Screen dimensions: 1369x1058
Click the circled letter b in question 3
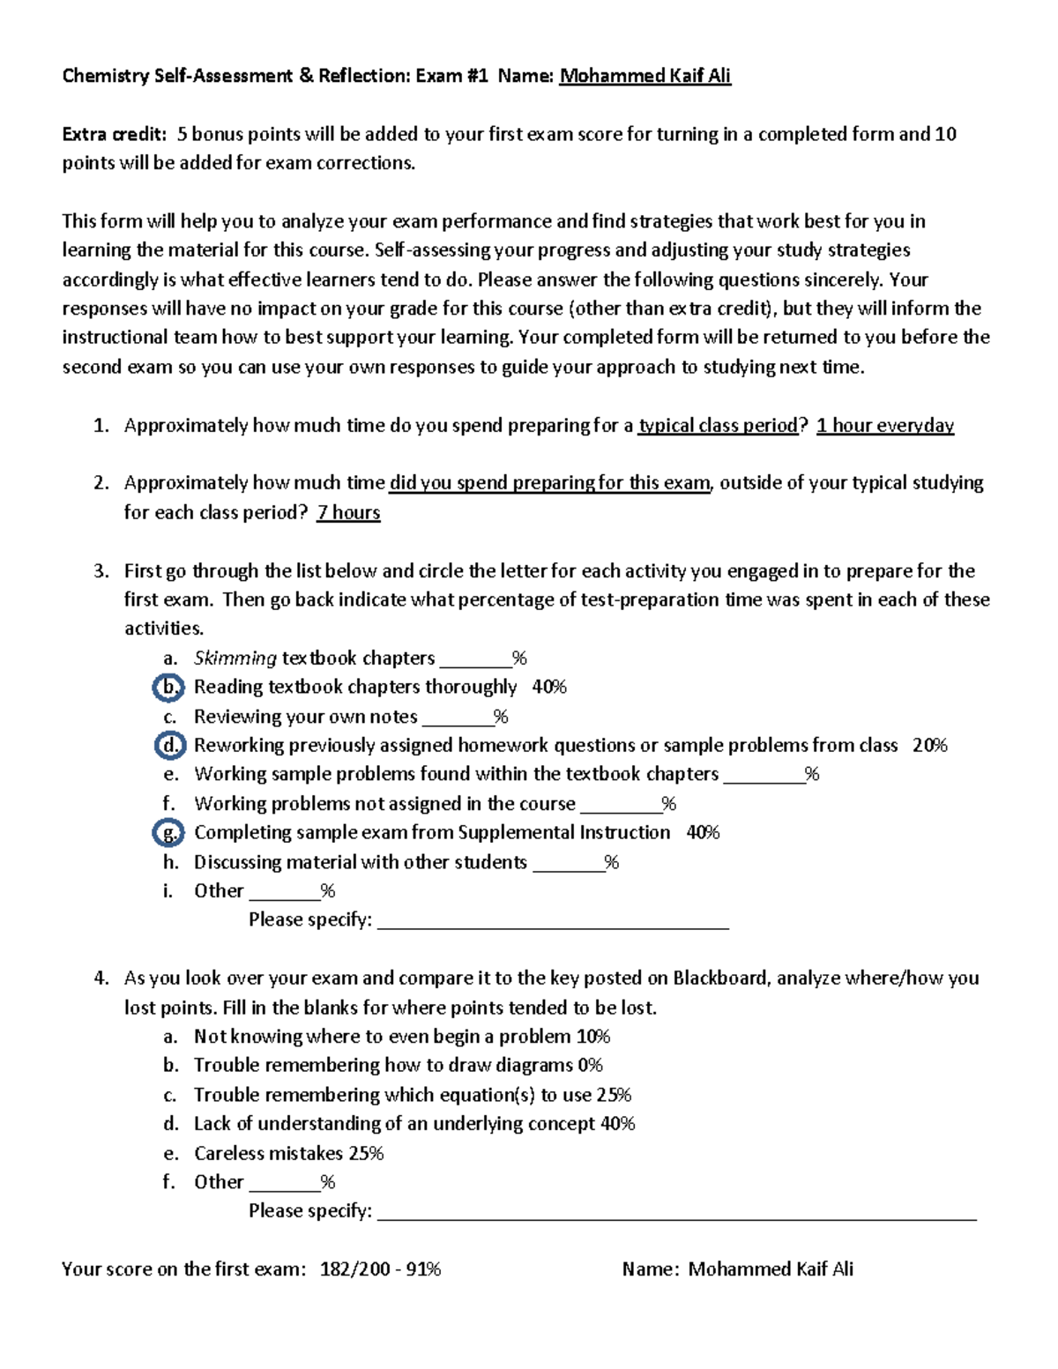[168, 687]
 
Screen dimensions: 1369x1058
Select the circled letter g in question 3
[168, 832]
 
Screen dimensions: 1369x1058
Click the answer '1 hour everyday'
[884, 426]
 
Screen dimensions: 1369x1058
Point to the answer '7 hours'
[348, 512]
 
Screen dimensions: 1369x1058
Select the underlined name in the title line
[645, 76]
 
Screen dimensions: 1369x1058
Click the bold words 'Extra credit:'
[114, 134]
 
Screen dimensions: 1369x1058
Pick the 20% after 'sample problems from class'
[929, 745]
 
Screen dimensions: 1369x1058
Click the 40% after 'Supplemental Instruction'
[703, 832]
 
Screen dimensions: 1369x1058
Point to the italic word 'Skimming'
[235, 658]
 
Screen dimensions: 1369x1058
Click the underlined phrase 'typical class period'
[718, 426]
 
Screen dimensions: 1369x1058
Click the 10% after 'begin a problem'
[592, 1037]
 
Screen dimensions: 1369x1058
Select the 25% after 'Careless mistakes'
[366, 1153]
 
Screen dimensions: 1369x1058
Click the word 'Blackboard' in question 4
[720, 978]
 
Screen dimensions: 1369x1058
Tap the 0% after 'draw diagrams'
[590, 1065]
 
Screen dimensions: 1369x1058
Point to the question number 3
[101, 571]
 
